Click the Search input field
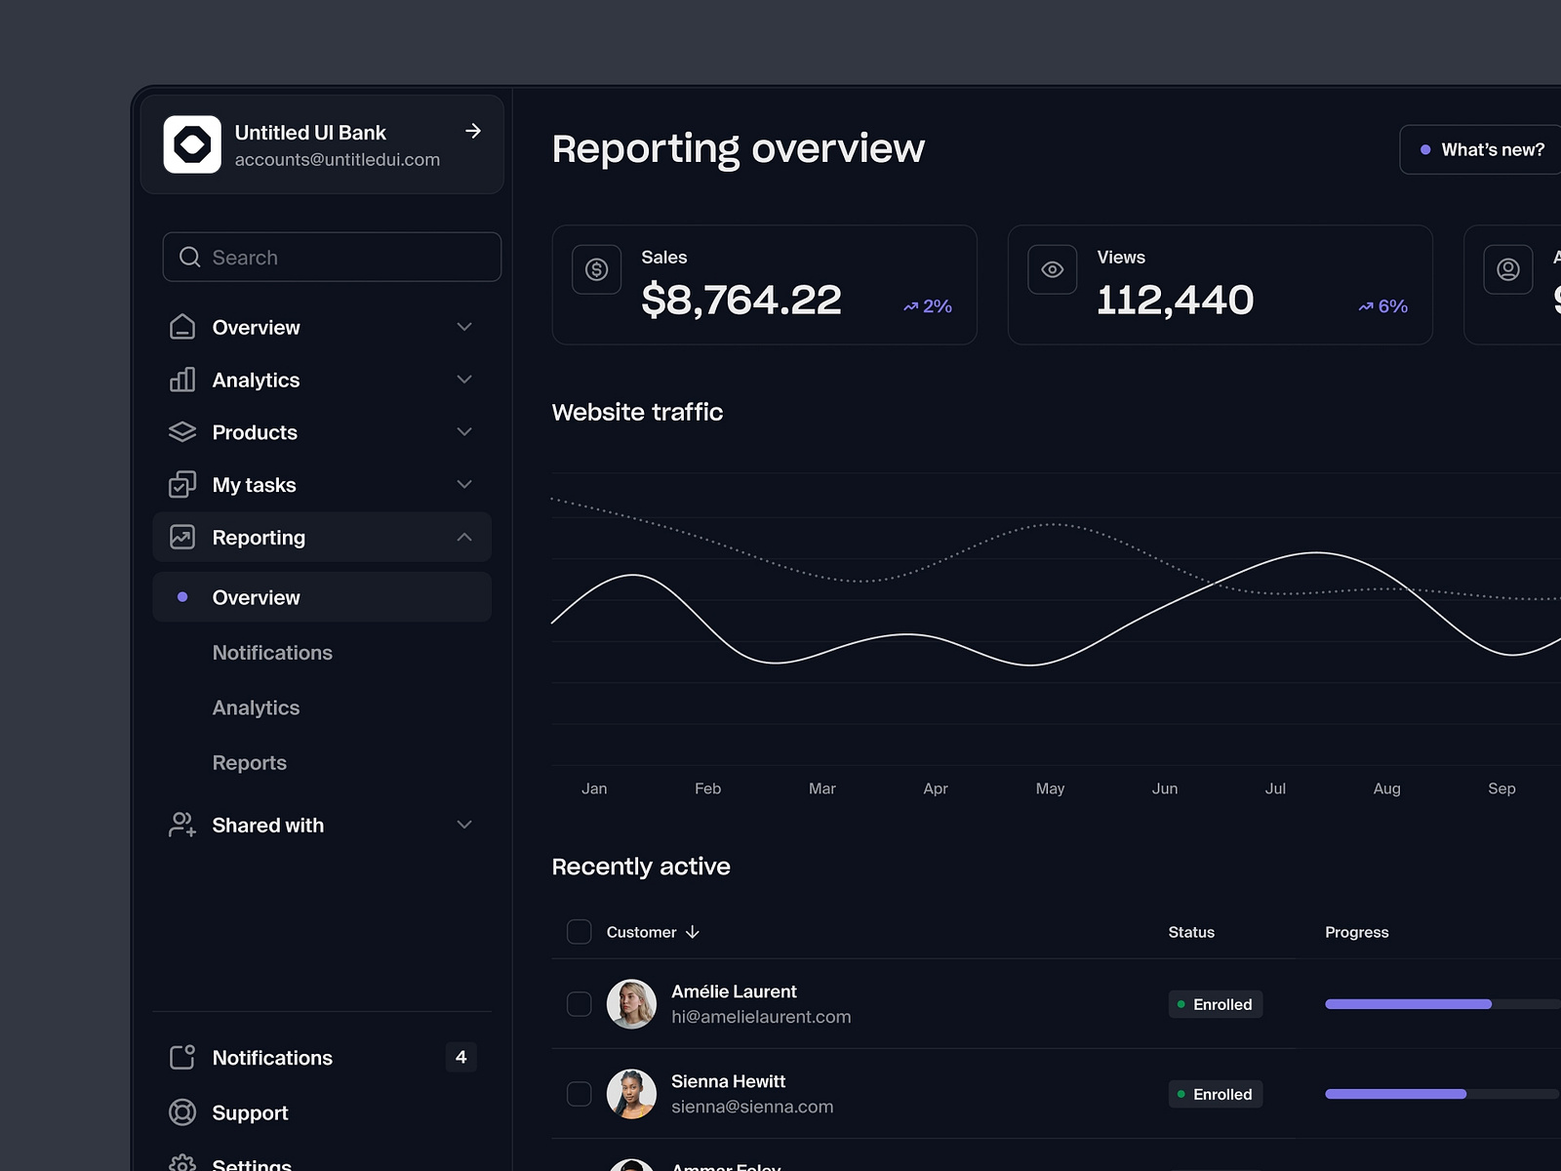coord(332,258)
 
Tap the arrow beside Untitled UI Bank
coord(473,131)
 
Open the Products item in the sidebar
coord(255,432)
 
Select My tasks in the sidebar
coord(254,485)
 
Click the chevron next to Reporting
coord(464,538)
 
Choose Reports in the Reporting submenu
coord(250,763)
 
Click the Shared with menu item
coord(268,826)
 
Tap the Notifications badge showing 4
coord(460,1057)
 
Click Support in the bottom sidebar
coord(250,1113)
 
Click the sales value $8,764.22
coord(741,300)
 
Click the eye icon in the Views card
coord(1052,269)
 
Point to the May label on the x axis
coord(1050,788)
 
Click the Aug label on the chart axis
coord(1386,788)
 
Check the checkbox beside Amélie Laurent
coord(580,1004)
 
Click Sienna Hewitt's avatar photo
coord(631,1094)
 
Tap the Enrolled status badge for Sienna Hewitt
coord(1215,1094)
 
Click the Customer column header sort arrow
coord(693,933)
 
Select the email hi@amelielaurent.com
coord(761,1017)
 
